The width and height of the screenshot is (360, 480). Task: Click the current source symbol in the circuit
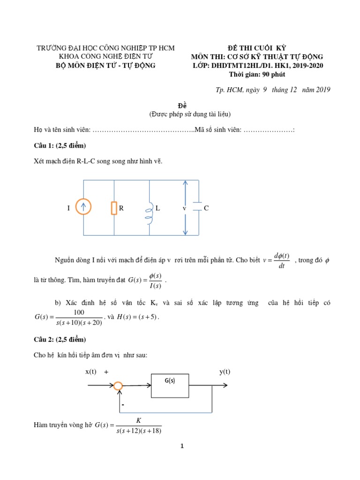[84, 208]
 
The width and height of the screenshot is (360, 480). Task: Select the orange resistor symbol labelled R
[114, 208]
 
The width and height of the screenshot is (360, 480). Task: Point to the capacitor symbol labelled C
[198, 208]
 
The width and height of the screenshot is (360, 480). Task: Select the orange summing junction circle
[118, 386]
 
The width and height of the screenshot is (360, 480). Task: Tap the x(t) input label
[91, 372]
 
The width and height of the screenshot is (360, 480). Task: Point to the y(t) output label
[225, 372]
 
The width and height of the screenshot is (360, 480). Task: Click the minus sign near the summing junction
[123, 404]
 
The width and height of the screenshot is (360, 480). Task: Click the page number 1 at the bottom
[182, 446]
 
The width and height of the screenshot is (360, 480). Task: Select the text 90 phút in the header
[274, 74]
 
